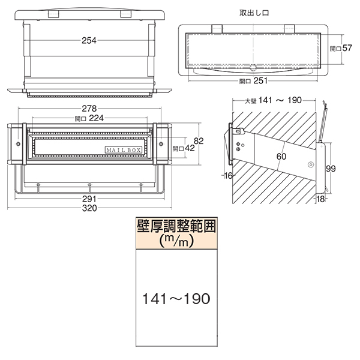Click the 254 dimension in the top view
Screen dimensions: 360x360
pyautogui.click(x=89, y=41)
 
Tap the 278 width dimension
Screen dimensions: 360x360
pyautogui.click(x=89, y=109)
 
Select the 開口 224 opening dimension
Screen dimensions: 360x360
pyautogui.click(x=89, y=118)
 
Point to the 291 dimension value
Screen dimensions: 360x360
pyautogui.click(x=89, y=199)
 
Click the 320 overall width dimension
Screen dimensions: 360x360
pyautogui.click(x=89, y=208)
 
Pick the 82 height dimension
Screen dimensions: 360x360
pyautogui.click(x=199, y=141)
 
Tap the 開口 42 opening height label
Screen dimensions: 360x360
pyautogui.click(x=184, y=148)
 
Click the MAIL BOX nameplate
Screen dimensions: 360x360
pyautogui.click(x=124, y=150)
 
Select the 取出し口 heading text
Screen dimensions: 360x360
pyautogui.click(x=254, y=13)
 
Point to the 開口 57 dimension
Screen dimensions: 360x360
pyautogui.click(x=341, y=48)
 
